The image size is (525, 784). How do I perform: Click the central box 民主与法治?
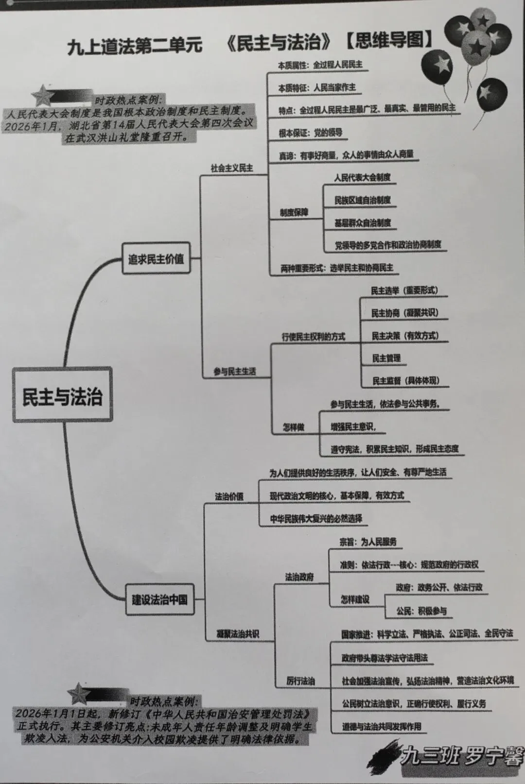(x=62, y=395)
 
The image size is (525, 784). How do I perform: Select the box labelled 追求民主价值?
(x=156, y=259)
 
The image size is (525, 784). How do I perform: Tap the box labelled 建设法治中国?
(x=159, y=599)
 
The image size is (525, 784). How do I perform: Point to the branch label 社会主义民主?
(x=231, y=168)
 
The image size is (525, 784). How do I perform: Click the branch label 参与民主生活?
(x=234, y=372)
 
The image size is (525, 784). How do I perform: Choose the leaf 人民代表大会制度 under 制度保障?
(x=362, y=178)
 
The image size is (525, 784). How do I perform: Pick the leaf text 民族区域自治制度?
(x=362, y=200)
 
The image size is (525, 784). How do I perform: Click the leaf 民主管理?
(x=386, y=358)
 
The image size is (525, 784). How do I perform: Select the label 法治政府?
(x=299, y=577)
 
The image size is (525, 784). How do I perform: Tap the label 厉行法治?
(x=300, y=681)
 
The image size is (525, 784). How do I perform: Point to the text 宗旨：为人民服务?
(x=368, y=542)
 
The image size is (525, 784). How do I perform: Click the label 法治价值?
(x=229, y=496)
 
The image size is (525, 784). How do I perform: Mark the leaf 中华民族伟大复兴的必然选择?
(x=316, y=519)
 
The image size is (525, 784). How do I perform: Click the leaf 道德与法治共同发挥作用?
(x=381, y=727)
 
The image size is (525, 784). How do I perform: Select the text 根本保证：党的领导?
(x=310, y=133)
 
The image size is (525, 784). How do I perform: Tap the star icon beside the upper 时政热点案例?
(x=42, y=96)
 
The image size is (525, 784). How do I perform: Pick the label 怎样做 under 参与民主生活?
(x=293, y=427)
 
